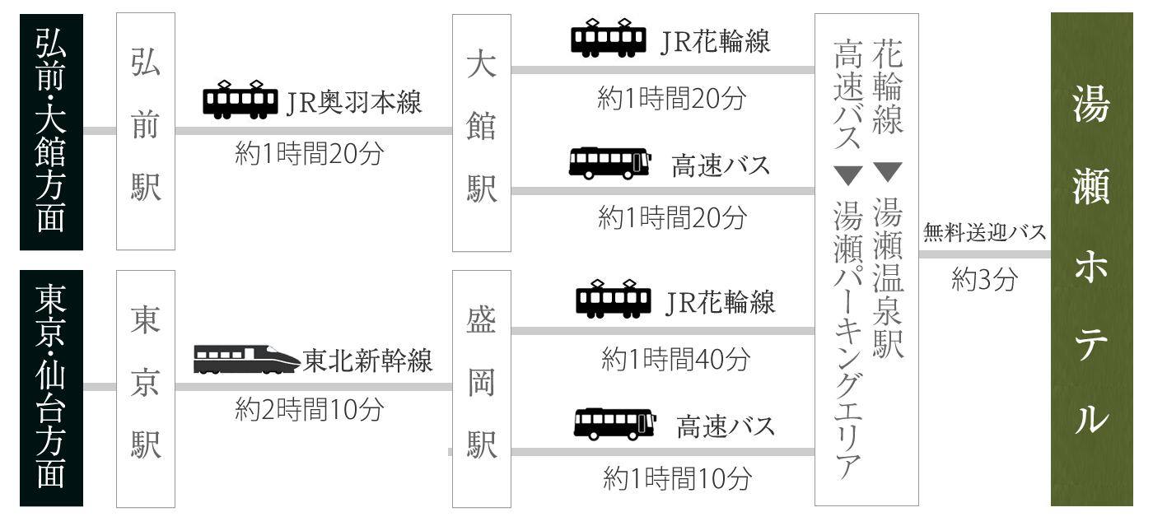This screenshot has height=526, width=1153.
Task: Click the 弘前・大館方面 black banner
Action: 51,132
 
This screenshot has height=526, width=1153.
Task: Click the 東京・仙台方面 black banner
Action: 51,388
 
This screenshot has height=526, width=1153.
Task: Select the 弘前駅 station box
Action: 146,132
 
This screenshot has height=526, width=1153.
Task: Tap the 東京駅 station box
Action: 146,388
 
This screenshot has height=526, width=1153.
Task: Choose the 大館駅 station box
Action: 482,132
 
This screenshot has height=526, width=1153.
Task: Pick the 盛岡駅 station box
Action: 482,388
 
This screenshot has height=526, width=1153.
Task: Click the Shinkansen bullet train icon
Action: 246,360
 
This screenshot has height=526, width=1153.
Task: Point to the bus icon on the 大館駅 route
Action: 609,163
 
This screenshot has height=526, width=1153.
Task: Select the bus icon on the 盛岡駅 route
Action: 614,424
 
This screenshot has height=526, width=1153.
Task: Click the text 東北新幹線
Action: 367,361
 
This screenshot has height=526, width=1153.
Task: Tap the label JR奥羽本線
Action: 354,103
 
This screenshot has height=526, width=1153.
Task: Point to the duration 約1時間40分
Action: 675,359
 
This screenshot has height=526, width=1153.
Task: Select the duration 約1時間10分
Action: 677,477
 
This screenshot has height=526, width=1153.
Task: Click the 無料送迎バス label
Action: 984,233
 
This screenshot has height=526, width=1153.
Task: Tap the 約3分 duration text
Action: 984,280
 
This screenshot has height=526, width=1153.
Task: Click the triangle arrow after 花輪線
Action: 888,172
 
